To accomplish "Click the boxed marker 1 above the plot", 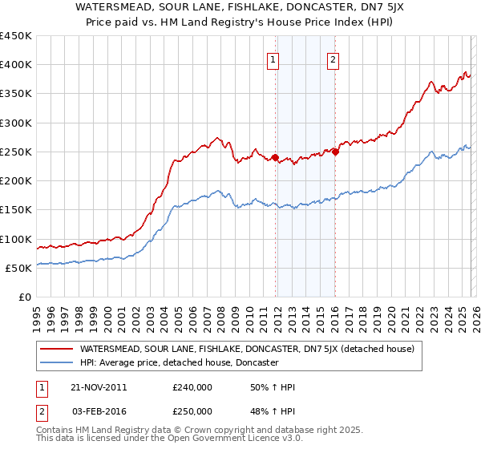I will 273,59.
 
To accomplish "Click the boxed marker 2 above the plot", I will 333,59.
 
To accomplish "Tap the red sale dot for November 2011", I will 276,158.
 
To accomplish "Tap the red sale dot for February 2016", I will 335,152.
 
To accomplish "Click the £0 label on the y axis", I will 25,297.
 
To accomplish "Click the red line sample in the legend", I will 56,349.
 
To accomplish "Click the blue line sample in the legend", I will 56,362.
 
